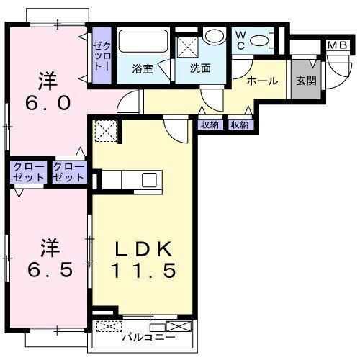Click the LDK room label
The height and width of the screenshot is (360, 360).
pos(143,250)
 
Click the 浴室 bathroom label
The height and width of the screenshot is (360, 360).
pos(142,70)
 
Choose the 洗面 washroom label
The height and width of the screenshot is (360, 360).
pos(200,70)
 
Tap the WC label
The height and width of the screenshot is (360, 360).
pos(240,40)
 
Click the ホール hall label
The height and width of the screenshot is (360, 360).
pos(262,81)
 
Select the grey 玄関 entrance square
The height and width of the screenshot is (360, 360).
pos(302,81)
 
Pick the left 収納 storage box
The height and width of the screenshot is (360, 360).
pos(209,125)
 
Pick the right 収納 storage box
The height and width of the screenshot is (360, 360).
pos(240,125)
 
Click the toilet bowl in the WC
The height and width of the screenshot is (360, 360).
pos(268,39)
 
